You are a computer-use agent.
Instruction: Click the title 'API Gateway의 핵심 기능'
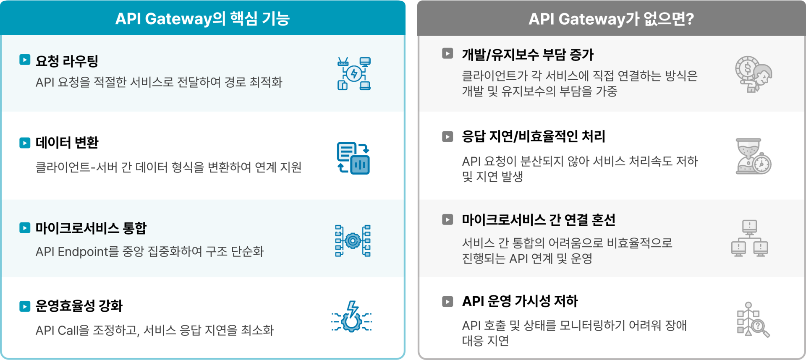tap(202, 19)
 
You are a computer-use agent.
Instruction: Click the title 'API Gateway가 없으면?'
tap(611, 19)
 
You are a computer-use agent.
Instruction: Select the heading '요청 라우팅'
tap(67, 61)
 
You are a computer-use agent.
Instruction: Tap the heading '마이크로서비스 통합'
tap(91, 228)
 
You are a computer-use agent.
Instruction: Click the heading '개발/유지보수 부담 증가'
tap(528, 55)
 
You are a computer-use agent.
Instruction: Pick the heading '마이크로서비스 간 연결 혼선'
tap(538, 220)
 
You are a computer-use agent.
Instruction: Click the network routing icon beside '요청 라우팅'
tap(354, 74)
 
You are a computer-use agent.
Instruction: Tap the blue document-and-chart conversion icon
tap(353, 158)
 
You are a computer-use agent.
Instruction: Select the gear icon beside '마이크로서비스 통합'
tap(353, 241)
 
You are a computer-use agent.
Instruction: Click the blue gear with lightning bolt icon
tap(351, 317)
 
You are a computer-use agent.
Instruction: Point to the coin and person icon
tap(753, 74)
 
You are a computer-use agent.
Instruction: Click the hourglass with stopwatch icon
tap(753, 156)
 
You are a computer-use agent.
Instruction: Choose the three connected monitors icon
tap(750, 238)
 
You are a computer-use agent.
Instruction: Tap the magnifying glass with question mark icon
tap(753, 320)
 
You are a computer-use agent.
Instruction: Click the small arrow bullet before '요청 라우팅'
tap(25, 60)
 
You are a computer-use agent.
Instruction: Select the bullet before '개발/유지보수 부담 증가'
tap(447, 54)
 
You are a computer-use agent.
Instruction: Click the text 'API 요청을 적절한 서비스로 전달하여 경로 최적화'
tap(159, 82)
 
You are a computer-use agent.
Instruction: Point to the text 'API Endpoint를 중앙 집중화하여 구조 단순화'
tap(149, 252)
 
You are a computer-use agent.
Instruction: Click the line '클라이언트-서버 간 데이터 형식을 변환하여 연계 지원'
tap(168, 167)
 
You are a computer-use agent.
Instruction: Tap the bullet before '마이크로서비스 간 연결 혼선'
tap(447, 219)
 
